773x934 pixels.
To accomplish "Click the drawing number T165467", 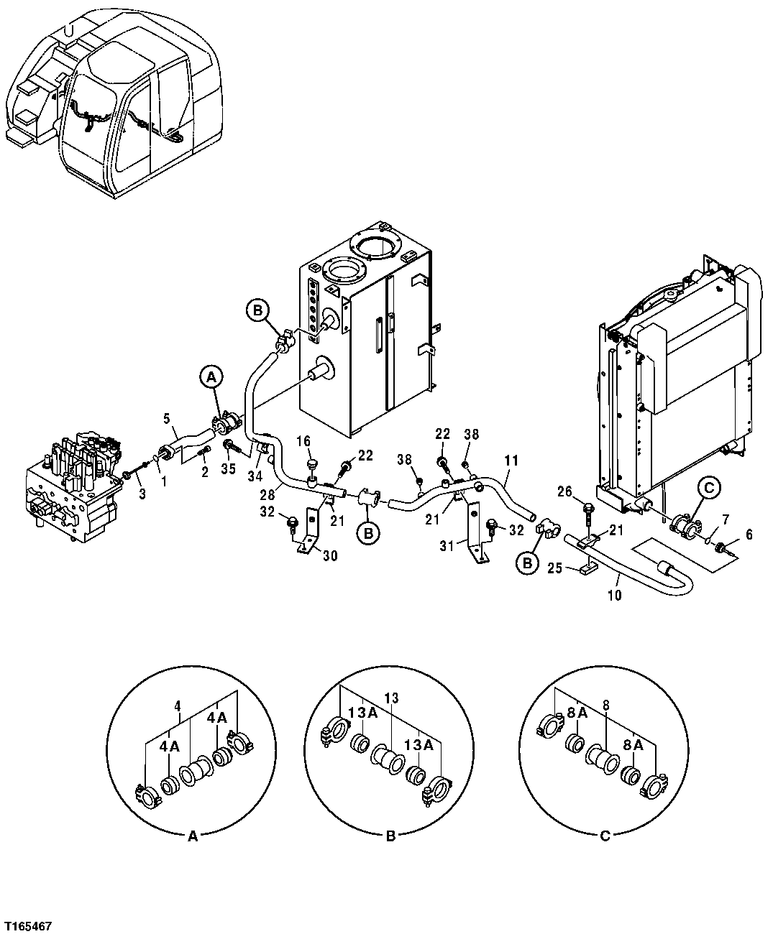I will [27, 923].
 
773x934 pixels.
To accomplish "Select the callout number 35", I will [229, 469].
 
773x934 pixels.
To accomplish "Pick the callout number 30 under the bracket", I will [329, 555].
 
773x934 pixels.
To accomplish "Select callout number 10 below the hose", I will [616, 595].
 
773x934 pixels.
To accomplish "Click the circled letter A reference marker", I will [210, 376].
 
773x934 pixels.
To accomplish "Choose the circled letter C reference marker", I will [708, 488].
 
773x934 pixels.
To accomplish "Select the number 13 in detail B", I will [391, 698].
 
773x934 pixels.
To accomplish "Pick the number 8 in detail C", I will [606, 706].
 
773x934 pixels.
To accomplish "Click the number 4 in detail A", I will [178, 706].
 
